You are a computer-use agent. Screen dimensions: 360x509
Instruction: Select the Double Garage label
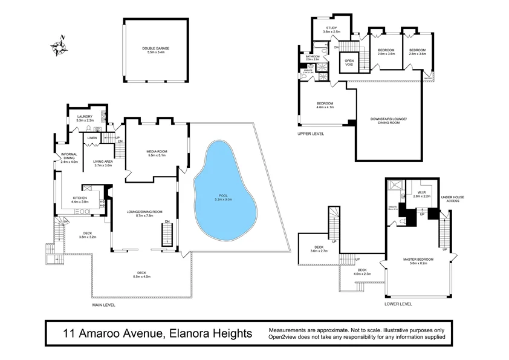156,50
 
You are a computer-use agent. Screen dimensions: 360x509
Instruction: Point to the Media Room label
156,152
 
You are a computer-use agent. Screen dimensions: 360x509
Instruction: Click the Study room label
331,28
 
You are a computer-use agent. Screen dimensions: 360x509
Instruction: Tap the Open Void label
349,63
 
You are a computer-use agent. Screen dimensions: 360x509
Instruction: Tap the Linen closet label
92,139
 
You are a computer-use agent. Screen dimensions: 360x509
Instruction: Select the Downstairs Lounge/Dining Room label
389,120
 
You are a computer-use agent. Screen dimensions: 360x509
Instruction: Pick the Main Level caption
103,305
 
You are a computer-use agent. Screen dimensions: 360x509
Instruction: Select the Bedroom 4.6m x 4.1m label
325,105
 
